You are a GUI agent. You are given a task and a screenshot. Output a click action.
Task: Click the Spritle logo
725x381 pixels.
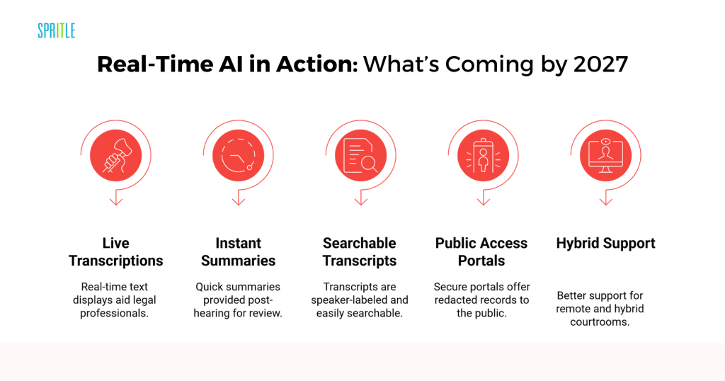pos(57,30)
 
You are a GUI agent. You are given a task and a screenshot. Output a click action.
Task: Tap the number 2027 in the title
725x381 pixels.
pos(600,64)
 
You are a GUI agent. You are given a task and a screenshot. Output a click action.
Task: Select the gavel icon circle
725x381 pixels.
pos(115,155)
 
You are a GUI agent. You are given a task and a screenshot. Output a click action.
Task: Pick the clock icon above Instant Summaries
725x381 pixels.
pos(238,155)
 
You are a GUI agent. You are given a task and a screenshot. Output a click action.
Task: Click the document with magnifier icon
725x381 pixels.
pos(360,155)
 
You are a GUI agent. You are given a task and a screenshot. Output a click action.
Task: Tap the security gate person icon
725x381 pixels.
pos(483,155)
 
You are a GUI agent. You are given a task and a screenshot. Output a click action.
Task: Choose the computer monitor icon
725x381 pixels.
pos(606,155)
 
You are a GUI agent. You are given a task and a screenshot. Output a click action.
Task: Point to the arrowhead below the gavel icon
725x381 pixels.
pos(116,202)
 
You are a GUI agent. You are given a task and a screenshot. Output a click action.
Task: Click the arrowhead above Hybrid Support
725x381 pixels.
pos(606,202)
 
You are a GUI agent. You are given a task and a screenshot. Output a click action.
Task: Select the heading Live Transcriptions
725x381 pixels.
pos(116,252)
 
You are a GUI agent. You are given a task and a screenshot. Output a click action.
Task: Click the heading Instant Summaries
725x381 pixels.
pos(238,252)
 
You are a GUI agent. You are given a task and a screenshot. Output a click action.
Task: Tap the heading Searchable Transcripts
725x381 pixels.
pos(360,252)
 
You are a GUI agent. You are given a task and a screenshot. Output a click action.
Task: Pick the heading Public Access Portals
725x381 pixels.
pos(481,252)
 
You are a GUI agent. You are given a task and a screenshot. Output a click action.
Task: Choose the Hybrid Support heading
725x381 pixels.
pos(606,243)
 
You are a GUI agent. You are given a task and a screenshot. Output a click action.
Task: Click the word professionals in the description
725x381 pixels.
pos(114,313)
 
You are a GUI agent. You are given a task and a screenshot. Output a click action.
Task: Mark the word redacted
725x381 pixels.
pos(455,300)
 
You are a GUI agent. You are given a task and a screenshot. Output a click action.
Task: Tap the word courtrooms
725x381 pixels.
pos(600,322)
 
